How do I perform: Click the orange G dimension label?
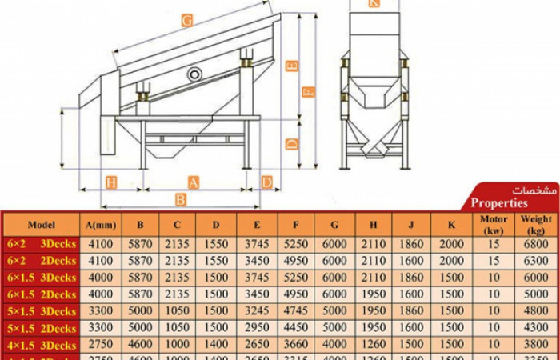click(186, 22)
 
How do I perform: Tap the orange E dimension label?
click(292, 66)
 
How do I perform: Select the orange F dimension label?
click(308, 92)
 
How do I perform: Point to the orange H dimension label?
click(111, 183)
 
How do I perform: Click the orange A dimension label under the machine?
click(193, 183)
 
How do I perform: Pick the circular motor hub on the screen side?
click(195, 74)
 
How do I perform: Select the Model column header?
click(42, 225)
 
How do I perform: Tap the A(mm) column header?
click(100, 225)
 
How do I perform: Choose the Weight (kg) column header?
click(536, 224)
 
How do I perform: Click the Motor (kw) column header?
click(494, 224)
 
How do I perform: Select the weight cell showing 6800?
click(536, 244)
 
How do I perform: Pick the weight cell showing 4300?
click(536, 327)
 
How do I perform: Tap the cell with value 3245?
click(257, 310)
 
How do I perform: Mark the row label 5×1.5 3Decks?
click(42, 310)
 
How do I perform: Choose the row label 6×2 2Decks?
click(42, 261)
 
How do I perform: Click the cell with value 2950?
click(257, 327)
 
